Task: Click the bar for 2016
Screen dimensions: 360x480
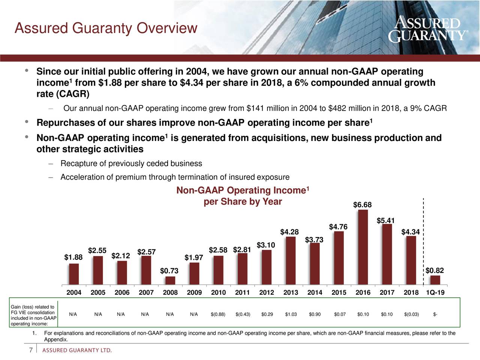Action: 363,247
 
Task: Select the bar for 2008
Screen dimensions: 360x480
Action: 170,281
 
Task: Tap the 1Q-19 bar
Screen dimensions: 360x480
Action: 435,280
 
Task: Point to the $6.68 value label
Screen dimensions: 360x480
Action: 362,205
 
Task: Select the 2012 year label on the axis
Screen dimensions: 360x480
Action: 267,293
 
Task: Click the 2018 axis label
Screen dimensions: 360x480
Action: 411,293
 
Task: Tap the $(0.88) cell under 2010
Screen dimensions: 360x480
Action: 218,314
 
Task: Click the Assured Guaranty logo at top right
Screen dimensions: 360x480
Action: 427,29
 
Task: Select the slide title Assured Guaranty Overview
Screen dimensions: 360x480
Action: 105,28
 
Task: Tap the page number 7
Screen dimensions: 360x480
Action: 31,350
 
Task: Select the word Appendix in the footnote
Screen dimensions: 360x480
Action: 55,340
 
